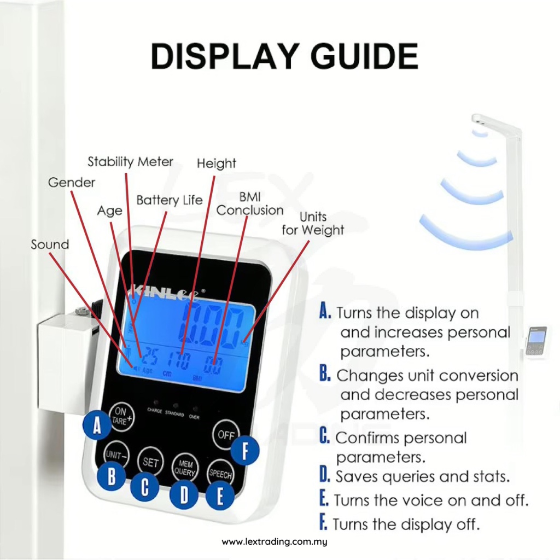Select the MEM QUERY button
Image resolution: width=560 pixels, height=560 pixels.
point(185,467)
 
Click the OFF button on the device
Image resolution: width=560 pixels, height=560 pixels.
point(225,435)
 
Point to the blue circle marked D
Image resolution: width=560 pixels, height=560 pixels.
point(184,495)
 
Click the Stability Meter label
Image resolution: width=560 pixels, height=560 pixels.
point(131,162)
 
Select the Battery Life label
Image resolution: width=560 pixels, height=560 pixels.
point(170,200)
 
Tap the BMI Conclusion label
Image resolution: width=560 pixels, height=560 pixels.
point(250,203)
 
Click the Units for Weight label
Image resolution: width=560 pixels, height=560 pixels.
point(313,224)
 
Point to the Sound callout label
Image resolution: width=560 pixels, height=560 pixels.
point(50,244)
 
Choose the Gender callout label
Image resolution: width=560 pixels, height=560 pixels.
point(72,182)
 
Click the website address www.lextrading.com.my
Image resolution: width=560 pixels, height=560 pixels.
point(274,542)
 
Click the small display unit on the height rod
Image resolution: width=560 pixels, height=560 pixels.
point(536,341)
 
